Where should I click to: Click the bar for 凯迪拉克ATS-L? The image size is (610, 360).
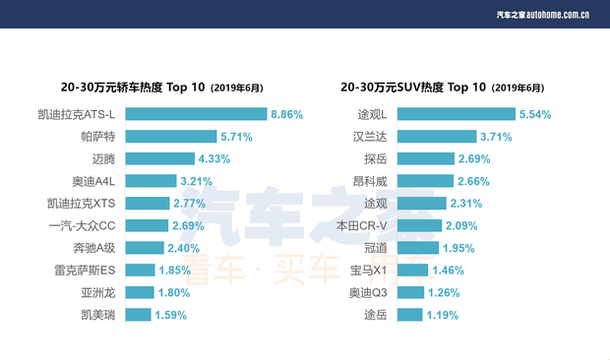coord(196,114)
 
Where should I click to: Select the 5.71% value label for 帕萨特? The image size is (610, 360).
coord(238,137)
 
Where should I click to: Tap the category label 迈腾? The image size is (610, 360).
coord(103,159)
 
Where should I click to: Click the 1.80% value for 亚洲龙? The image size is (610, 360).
coord(176,293)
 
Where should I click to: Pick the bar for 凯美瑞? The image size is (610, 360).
coord(139,315)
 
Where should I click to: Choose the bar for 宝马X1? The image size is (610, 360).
coord(415,270)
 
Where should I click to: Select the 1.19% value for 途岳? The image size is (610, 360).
coord(446,315)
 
